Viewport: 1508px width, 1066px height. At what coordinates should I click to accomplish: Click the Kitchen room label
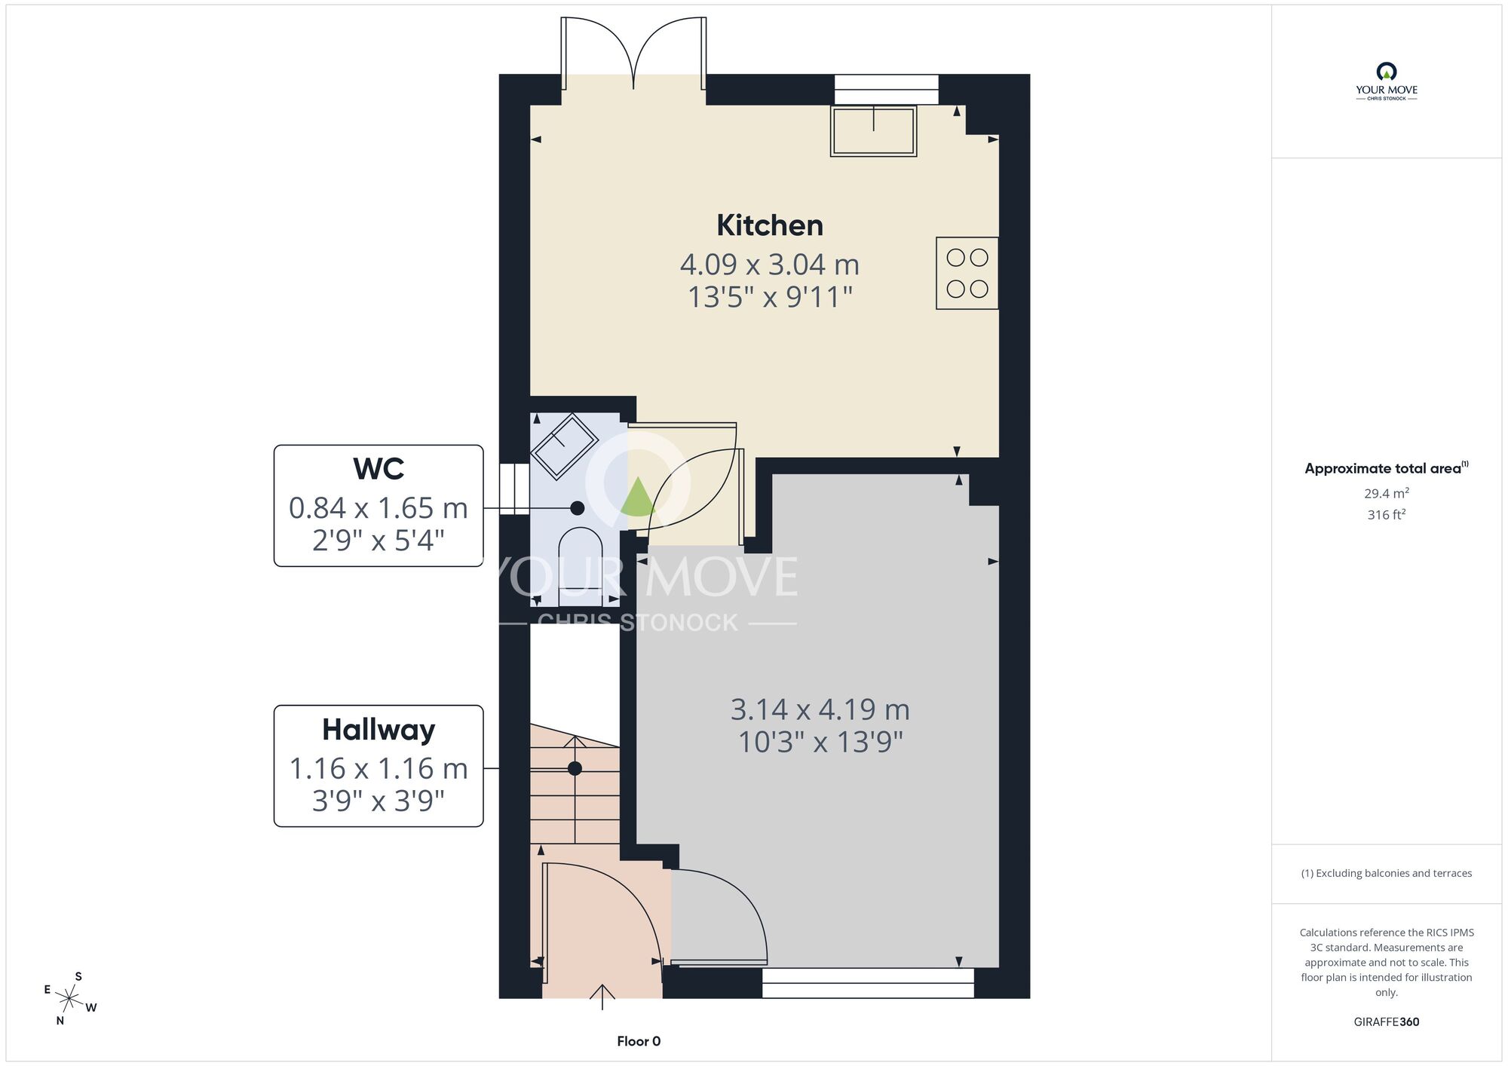[769, 225]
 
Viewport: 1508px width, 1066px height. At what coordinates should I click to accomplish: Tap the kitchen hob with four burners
[967, 273]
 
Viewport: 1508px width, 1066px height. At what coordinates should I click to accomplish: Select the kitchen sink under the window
[873, 131]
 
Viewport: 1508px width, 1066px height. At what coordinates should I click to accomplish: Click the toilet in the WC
[580, 565]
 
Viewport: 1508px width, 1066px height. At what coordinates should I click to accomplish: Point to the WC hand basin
[565, 446]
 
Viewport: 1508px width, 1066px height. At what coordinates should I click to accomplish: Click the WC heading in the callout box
[379, 469]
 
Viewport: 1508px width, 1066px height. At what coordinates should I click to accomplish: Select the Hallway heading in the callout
[379, 730]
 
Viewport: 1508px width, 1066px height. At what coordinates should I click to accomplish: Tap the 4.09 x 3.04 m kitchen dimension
[770, 265]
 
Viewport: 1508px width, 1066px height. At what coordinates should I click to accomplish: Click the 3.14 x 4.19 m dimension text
[820, 709]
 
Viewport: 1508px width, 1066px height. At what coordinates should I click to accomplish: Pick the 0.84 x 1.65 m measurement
[379, 508]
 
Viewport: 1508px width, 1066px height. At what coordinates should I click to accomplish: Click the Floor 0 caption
[639, 1041]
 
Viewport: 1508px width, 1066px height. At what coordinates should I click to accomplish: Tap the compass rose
[70, 999]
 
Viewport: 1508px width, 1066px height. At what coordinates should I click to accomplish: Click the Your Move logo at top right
[1387, 81]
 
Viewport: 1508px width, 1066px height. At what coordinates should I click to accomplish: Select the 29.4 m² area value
[1387, 493]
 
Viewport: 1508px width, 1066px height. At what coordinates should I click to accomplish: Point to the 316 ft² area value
[1387, 514]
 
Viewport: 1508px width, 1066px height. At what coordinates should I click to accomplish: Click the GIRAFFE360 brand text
[1387, 1022]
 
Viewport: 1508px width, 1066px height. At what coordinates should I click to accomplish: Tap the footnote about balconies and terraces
[1387, 873]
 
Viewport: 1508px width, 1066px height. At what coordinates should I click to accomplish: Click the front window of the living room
[868, 983]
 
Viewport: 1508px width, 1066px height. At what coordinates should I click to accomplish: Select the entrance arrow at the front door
[602, 997]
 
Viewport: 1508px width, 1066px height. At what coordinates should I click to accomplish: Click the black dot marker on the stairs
[575, 768]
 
